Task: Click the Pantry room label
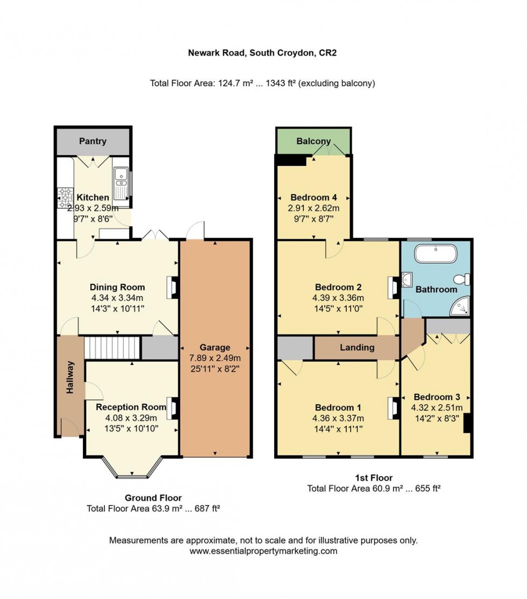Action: click(x=92, y=141)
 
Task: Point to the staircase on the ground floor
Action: click(x=112, y=348)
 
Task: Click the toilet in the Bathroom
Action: click(x=462, y=280)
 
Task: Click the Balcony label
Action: click(x=312, y=141)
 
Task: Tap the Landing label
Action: click(x=357, y=347)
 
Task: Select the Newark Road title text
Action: click(x=262, y=53)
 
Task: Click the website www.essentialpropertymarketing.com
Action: click(x=263, y=551)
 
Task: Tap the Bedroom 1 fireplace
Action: click(x=391, y=408)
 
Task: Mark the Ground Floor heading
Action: click(x=153, y=498)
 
